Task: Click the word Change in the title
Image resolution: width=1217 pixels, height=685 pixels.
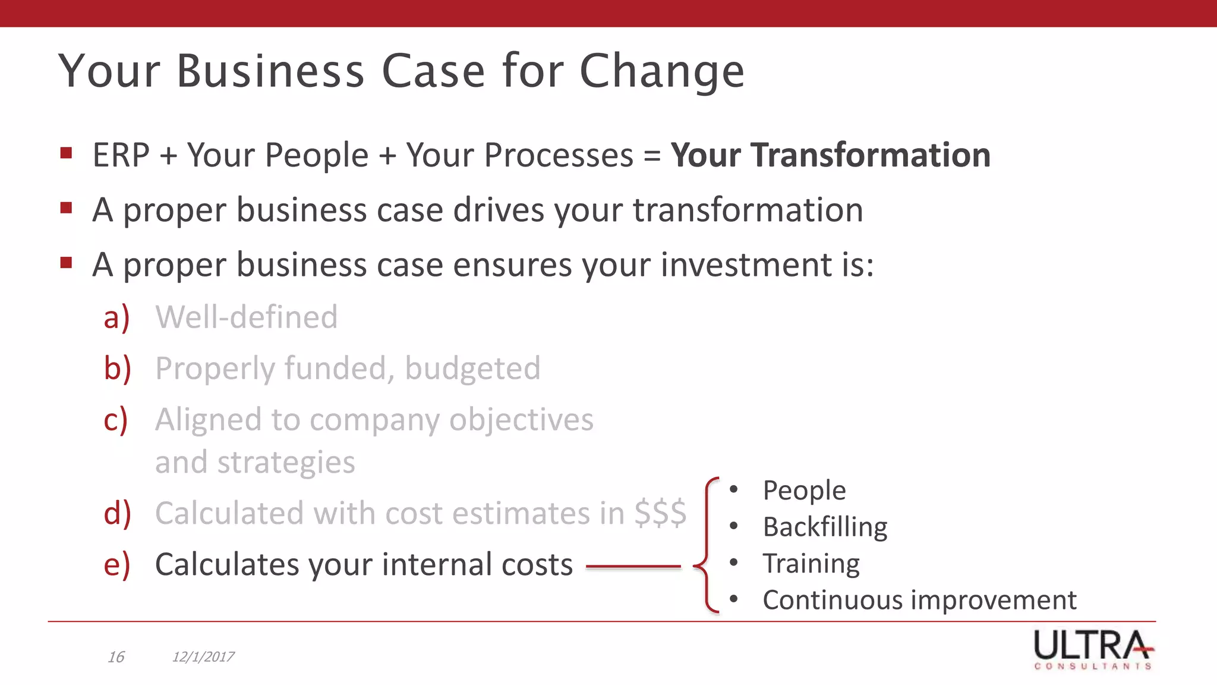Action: pos(661,71)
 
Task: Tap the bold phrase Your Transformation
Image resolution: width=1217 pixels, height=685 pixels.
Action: pos(830,155)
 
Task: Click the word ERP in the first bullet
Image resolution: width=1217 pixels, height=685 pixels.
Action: pos(121,155)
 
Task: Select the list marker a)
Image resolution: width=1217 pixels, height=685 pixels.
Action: pos(116,317)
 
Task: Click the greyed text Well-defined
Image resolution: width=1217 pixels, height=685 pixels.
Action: pos(246,317)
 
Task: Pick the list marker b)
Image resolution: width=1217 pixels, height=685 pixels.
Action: pos(117,369)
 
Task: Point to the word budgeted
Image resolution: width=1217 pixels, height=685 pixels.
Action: pos(472,369)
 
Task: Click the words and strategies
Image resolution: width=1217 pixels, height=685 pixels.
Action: pos(255,463)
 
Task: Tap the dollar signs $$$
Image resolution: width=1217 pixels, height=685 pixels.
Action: pos(660,513)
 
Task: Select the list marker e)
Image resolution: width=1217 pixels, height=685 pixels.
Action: pos(116,564)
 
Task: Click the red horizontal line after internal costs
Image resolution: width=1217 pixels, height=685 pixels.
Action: pos(633,567)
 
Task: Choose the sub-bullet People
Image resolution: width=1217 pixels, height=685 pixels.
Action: pos(804,491)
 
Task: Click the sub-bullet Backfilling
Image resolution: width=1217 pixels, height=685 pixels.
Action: pos(825,527)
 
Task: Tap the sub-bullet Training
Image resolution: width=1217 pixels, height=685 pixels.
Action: pos(811,563)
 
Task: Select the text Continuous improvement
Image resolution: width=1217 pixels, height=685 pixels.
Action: pos(919,600)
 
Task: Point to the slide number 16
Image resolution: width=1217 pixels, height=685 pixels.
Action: pos(116,657)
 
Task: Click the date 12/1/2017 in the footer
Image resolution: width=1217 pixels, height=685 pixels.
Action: pos(203,657)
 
